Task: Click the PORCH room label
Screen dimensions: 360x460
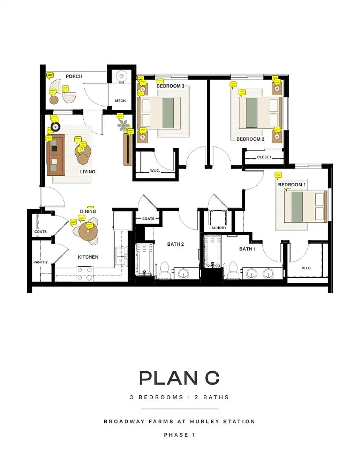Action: tap(74, 76)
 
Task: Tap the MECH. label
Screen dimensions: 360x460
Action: tap(121, 101)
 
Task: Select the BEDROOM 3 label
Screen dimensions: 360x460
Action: tap(170, 86)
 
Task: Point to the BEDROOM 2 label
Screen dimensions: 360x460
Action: tap(250, 139)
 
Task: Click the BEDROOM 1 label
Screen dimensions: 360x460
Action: tap(291, 184)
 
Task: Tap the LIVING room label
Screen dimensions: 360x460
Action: tap(88, 172)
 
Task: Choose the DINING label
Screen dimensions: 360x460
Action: tap(88, 212)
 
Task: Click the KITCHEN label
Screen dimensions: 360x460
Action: tap(88, 257)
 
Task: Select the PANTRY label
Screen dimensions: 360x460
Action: tap(40, 262)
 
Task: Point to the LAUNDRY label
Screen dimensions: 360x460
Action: tap(218, 228)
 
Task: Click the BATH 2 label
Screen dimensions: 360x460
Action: tap(175, 244)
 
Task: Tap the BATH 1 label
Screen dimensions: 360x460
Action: tap(247, 249)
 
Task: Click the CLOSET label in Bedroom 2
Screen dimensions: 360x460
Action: tap(264, 157)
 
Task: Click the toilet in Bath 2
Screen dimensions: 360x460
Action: tap(164, 270)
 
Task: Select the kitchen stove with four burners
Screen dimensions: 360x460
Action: tap(85, 274)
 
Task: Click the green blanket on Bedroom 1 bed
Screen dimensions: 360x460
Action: tap(297, 207)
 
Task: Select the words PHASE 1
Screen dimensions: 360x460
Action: tap(180, 435)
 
